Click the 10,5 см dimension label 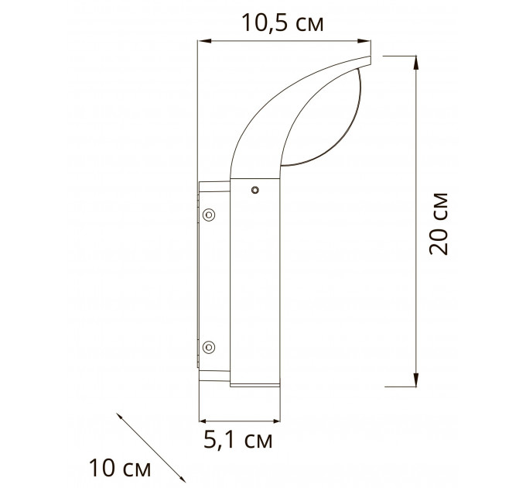coord(282,23)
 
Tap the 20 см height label coord(439,224)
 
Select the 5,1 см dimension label coord(238,440)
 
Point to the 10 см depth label coord(120,468)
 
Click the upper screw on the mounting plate coord(209,215)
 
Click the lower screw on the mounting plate coord(209,347)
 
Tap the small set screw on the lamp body coord(255,191)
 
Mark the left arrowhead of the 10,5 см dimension coord(204,41)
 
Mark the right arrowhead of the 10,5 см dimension coord(364,41)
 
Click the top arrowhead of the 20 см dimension coord(416,63)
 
